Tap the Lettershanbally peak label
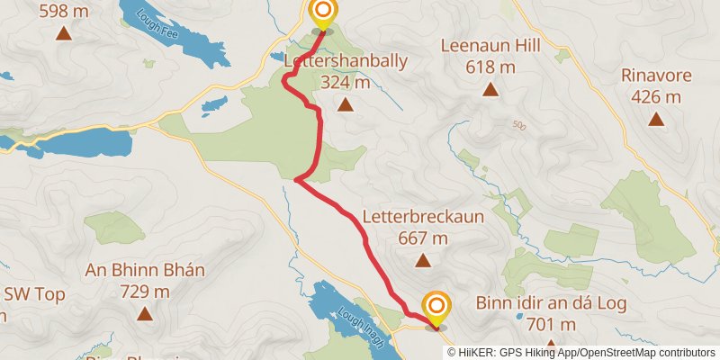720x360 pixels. pyautogui.click(x=345, y=62)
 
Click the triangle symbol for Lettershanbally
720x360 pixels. pyautogui.click(x=345, y=105)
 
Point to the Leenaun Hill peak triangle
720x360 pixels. pyautogui.click(x=490, y=88)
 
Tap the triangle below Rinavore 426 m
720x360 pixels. pyautogui.click(x=656, y=119)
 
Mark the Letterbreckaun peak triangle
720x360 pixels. pyautogui.click(x=423, y=261)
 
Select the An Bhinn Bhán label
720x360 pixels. pyautogui.click(x=145, y=271)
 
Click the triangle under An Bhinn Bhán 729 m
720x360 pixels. pyautogui.click(x=145, y=314)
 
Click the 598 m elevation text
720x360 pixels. pyautogui.click(x=64, y=10)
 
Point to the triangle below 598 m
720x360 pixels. pyautogui.click(x=64, y=34)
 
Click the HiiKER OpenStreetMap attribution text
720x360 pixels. pyautogui.click(x=581, y=352)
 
